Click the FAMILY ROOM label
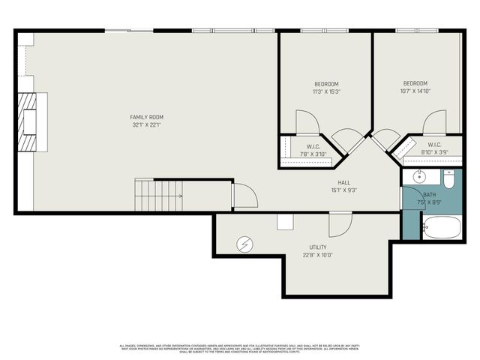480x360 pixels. pyautogui.click(x=146, y=117)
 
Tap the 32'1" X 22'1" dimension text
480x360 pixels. pyautogui.click(x=146, y=125)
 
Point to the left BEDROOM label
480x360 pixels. pyautogui.click(x=326, y=83)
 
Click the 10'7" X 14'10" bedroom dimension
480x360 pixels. pyautogui.click(x=415, y=91)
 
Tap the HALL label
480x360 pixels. pyautogui.click(x=344, y=182)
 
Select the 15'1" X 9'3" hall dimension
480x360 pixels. pyautogui.click(x=344, y=190)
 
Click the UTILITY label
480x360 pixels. pyautogui.click(x=318, y=247)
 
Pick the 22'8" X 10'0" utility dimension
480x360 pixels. pyautogui.click(x=318, y=255)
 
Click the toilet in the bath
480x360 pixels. pyautogui.click(x=448, y=180)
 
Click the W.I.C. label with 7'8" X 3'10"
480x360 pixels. pyautogui.click(x=313, y=146)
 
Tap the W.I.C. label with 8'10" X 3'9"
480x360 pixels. pyautogui.click(x=434, y=145)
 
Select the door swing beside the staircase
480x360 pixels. pyautogui.click(x=244, y=196)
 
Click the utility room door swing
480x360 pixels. pyautogui.click(x=340, y=223)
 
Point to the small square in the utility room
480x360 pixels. pyautogui.click(x=285, y=221)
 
